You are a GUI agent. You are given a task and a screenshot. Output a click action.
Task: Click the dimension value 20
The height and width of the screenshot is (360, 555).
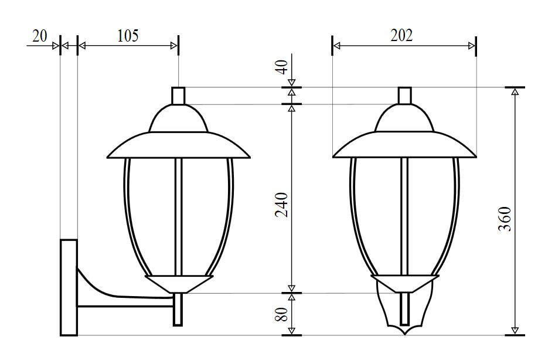point(40,36)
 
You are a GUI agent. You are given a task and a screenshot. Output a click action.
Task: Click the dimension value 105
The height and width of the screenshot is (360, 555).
point(128,36)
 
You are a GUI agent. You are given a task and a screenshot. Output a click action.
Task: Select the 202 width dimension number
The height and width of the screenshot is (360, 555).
point(401,35)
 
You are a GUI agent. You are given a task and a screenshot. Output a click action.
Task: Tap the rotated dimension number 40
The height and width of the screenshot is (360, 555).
point(282,67)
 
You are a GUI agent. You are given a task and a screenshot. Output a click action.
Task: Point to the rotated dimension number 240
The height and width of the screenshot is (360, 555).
point(282,205)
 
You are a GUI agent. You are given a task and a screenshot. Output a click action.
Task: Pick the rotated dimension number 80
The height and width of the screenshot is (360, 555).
point(282,314)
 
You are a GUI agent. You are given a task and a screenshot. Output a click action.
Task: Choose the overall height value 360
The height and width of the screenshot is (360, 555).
point(505,219)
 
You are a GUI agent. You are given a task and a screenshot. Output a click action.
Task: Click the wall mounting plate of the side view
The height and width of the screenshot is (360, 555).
point(69,287)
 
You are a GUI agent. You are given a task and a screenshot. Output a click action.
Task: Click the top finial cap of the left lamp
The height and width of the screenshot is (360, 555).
point(178,96)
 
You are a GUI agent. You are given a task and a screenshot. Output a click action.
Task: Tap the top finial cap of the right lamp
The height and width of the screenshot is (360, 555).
point(404,96)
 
